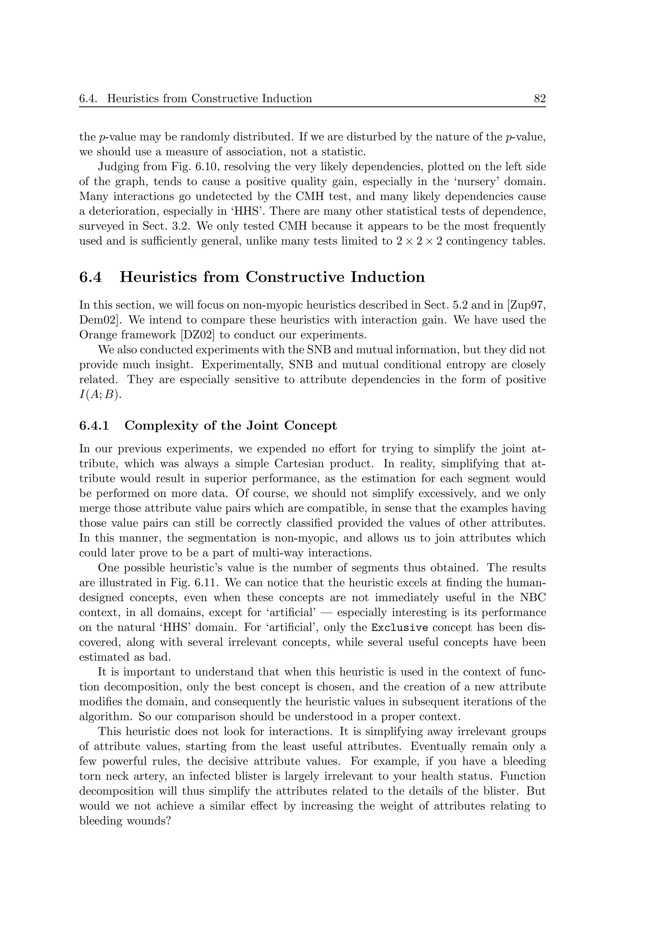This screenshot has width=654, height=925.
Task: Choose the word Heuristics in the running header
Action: coord(131,99)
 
